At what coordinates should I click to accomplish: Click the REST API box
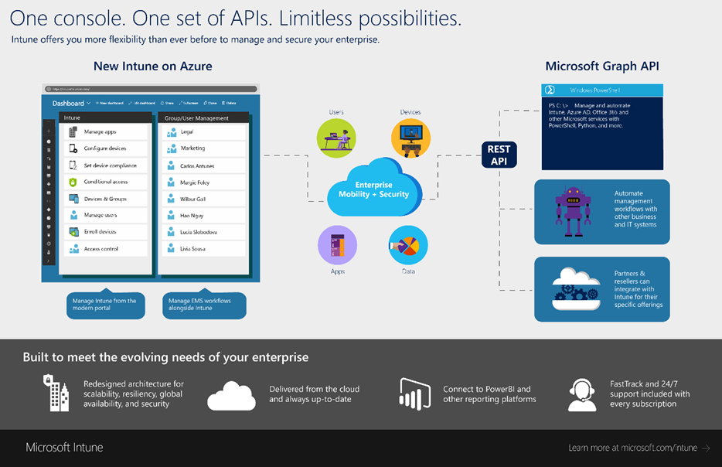point(499,155)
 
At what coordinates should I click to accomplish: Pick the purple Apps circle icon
point(337,246)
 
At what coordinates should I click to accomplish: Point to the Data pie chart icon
point(409,246)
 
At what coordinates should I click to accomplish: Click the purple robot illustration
point(573,210)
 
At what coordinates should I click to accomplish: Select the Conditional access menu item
point(105,182)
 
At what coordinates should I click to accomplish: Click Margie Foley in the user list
point(194,182)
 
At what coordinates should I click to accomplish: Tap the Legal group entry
point(186,132)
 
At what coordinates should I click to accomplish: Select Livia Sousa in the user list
point(192,249)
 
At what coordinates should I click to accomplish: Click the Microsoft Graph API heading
point(601,66)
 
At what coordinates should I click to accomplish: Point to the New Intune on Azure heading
point(152,66)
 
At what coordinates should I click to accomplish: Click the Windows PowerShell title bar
point(601,90)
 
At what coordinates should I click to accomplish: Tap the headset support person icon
point(581,394)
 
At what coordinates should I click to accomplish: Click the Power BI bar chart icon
point(414,394)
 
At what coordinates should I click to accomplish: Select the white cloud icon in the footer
point(231,395)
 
